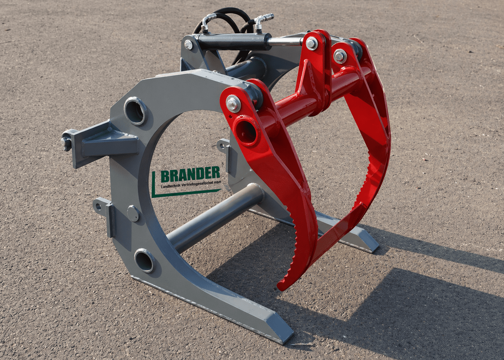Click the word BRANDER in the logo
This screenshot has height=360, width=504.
tap(190, 175)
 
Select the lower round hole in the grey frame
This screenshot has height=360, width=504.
tap(144, 261)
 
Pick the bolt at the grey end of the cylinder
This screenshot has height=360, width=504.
tap(189, 44)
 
